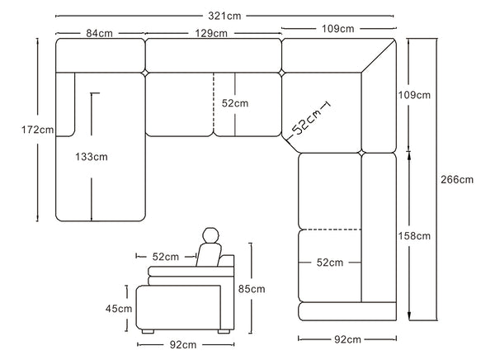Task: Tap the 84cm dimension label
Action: click(x=99, y=33)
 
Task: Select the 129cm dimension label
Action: click(x=213, y=33)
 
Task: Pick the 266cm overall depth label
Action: click(x=456, y=178)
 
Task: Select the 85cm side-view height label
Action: click(x=251, y=290)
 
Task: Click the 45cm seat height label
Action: click(x=118, y=309)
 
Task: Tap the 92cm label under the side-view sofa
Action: click(x=182, y=343)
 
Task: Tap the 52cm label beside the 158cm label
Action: click(x=329, y=263)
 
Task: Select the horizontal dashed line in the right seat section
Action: click(x=329, y=229)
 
